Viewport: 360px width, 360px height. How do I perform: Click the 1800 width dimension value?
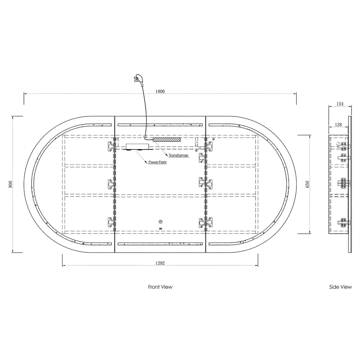tap(160, 91)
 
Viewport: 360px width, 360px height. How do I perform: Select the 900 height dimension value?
tap(10, 184)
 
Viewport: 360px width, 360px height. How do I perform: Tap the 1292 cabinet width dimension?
tap(160, 263)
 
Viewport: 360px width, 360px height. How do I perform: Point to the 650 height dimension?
tap(308, 184)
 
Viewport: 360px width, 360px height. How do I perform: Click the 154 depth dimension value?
tap(340, 104)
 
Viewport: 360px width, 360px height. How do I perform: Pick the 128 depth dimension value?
tap(339, 125)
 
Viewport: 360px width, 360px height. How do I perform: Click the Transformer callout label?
tap(178, 155)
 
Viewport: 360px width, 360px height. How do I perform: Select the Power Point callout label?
tap(157, 162)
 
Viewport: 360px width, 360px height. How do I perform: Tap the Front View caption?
tap(160, 287)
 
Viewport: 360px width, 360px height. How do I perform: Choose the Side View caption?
tap(340, 287)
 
